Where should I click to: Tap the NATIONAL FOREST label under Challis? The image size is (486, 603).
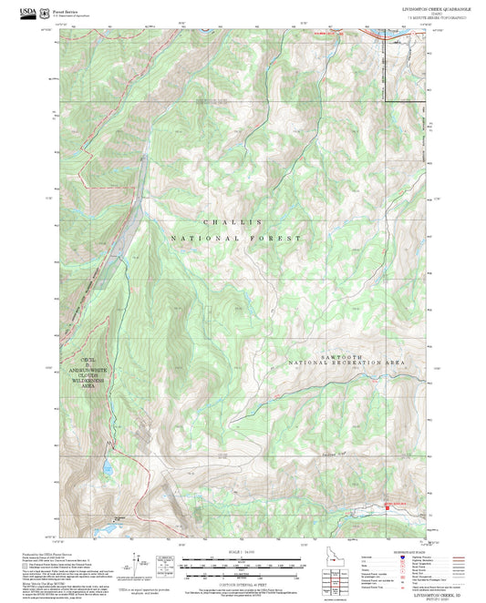point(234,238)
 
